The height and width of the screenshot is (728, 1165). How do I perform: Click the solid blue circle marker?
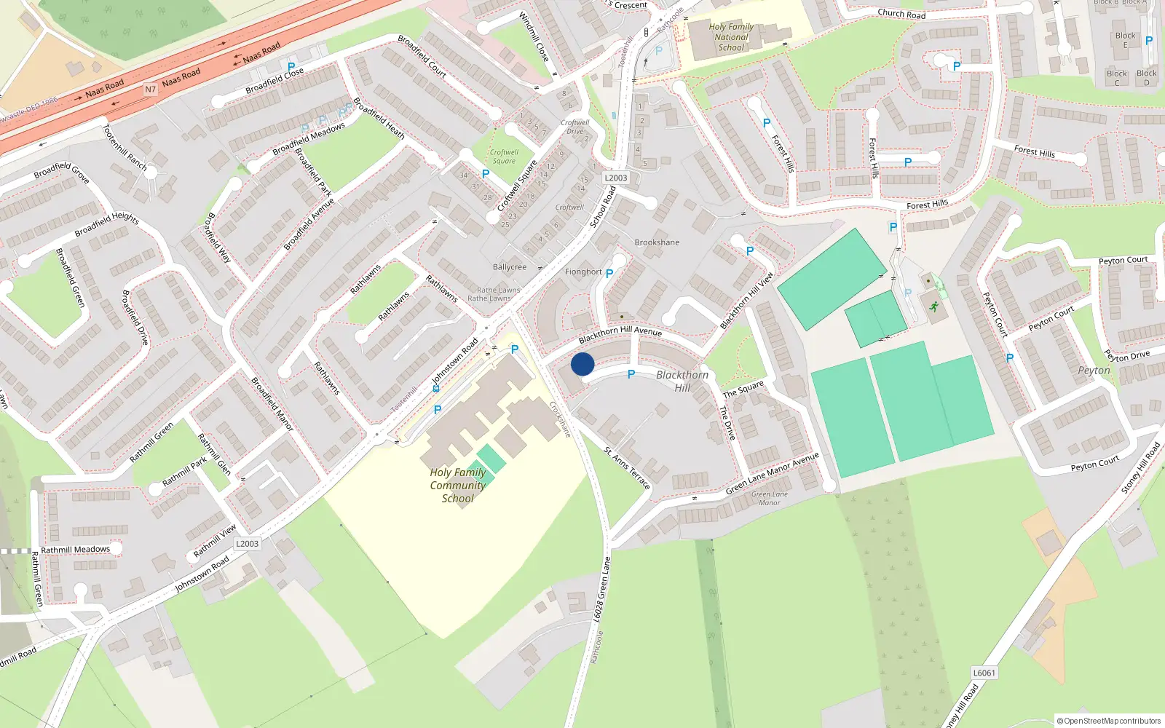coord(582,364)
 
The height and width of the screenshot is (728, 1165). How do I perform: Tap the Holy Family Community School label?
coord(457,486)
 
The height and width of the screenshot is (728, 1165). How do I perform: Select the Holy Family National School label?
coord(731,37)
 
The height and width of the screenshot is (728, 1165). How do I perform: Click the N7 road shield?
coord(151,90)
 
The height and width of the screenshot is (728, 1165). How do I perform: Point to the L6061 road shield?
coord(984,673)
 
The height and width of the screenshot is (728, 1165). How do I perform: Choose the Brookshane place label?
coord(657,242)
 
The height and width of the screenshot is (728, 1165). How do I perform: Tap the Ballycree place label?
coord(510,267)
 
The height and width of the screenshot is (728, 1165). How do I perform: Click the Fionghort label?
coord(583,272)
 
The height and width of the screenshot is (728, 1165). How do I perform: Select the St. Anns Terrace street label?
coord(627,467)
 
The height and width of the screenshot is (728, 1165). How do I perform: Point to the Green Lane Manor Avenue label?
coord(772,473)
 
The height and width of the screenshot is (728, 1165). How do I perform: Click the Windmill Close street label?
coord(534,36)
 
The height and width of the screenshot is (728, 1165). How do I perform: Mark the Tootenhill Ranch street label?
coord(125,148)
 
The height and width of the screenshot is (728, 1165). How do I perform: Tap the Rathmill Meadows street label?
coord(76,550)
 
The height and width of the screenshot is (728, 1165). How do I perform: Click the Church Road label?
coord(901,13)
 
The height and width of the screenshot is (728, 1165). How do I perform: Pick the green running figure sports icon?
coord(933,306)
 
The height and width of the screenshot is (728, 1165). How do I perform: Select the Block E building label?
coord(1125,40)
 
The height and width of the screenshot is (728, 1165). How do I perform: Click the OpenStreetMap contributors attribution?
coord(1108,721)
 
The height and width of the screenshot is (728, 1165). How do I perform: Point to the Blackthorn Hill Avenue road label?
coord(620,334)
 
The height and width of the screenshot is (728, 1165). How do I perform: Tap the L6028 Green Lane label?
coord(601,590)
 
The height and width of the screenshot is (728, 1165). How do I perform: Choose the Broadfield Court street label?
coord(422,56)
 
